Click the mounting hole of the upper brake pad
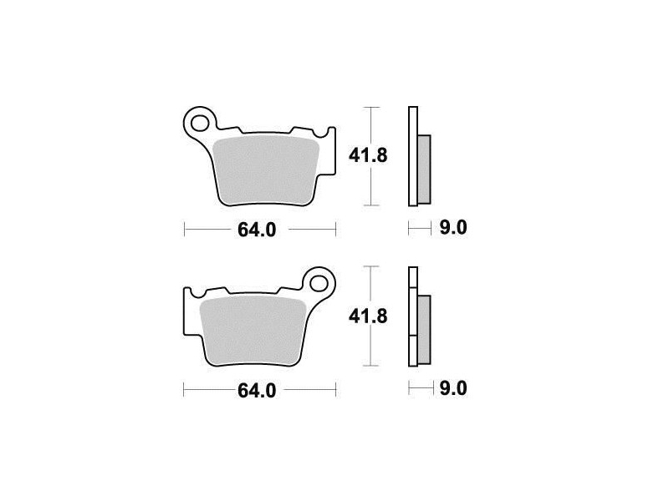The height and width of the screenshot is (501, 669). click(198, 124)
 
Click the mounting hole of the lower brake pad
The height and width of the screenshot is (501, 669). click(318, 283)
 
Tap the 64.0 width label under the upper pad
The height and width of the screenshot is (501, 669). click(257, 230)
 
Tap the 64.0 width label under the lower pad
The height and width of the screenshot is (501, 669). click(257, 391)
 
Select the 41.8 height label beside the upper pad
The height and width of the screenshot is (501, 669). click(368, 155)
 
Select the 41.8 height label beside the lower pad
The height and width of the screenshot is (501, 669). click(368, 316)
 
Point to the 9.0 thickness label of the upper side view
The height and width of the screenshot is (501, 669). click(453, 227)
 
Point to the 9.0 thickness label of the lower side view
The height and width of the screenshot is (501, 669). click(453, 388)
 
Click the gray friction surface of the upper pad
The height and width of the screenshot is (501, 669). click(265, 170)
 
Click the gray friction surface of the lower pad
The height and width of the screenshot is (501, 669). click(253, 331)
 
